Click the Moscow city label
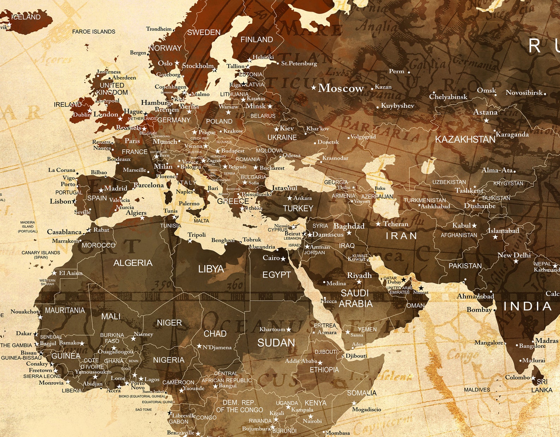point(341,88)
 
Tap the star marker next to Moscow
point(314,87)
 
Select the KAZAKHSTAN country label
point(465,140)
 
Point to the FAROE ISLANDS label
point(93,32)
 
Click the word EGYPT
point(276,275)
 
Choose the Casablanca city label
point(64,232)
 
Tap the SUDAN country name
point(276,343)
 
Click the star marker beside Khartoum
point(289,329)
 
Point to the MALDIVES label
point(477,390)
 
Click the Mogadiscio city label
point(366,409)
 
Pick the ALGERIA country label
point(133,263)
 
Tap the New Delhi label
point(514,255)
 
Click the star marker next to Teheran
point(378,224)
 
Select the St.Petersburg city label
point(299,64)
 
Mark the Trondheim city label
point(159,29)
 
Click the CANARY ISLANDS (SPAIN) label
point(41,255)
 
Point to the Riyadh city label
point(359,275)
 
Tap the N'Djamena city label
point(217,347)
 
